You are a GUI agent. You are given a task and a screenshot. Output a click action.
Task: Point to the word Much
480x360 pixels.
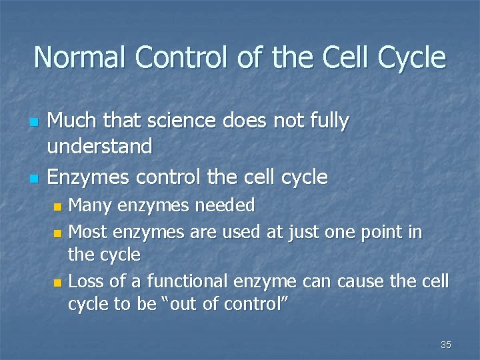tap(73, 121)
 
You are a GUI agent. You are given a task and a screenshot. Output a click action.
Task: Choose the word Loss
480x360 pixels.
tap(87, 281)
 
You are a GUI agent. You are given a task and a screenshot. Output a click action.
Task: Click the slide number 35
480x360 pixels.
tap(446, 345)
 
